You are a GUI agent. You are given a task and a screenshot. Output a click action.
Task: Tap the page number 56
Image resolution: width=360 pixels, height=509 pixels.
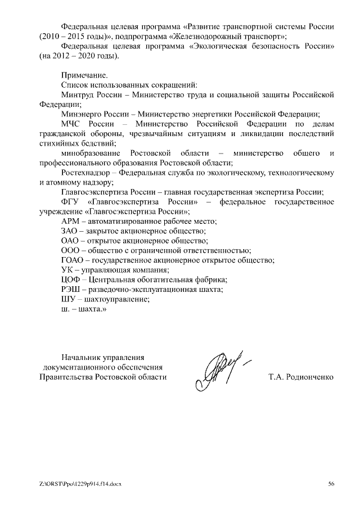pos(331,484)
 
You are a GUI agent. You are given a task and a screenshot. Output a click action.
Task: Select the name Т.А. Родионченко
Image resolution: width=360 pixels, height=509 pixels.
pos(301,377)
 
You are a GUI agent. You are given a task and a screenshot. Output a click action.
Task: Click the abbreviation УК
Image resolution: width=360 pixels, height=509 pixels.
pos(66,270)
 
